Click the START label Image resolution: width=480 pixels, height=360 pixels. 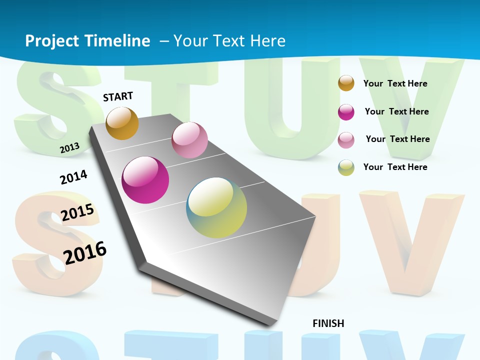click(118, 96)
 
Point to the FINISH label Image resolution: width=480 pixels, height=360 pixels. click(328, 323)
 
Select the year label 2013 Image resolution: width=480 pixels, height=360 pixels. click(69, 147)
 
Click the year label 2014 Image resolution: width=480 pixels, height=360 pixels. click(73, 177)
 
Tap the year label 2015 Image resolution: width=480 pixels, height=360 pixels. click(77, 212)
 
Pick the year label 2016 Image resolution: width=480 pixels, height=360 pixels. click(85, 252)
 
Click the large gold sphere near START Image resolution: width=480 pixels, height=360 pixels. click(122, 123)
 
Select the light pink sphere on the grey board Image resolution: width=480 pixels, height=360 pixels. click(189, 140)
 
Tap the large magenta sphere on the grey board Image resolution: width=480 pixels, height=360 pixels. click(145, 180)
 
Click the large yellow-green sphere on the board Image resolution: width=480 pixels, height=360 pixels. click(216, 207)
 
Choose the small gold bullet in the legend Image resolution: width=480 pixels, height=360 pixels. click(346, 83)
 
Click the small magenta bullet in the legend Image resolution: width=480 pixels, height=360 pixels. click(346, 112)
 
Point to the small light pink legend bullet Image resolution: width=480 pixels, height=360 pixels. click(346, 140)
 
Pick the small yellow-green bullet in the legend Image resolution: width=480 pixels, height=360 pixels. click(346, 167)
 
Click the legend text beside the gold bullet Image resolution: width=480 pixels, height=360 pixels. click(395, 83)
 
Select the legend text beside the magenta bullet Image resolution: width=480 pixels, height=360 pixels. click(396, 111)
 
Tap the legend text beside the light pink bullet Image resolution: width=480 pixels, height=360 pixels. click(397, 139)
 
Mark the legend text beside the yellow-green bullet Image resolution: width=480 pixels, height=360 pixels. click(395, 167)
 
